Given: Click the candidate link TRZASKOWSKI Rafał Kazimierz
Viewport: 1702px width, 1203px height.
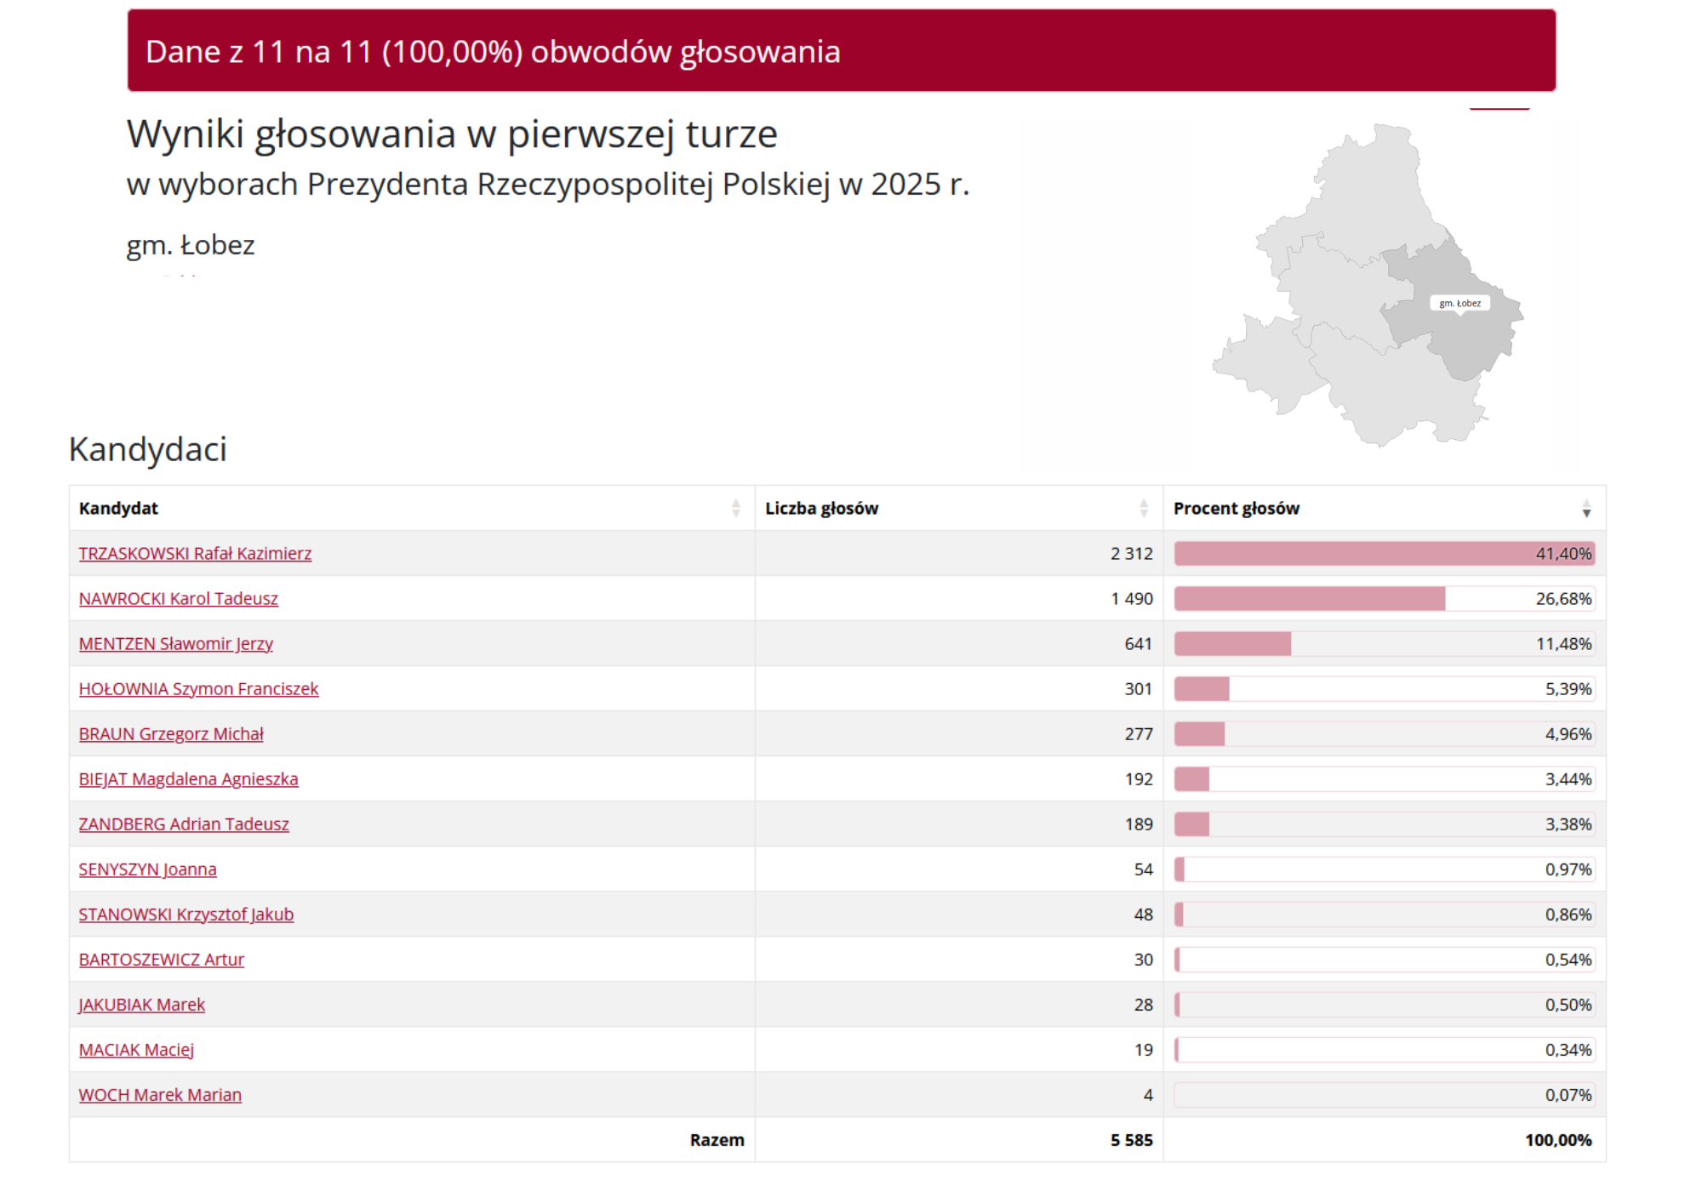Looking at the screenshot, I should (x=195, y=554).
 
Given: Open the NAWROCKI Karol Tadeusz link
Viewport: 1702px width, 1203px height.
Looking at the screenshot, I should (x=179, y=599).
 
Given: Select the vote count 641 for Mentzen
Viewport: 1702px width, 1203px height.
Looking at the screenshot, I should (x=1138, y=644).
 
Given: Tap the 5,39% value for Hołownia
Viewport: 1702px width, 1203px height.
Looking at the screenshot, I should (x=1568, y=689).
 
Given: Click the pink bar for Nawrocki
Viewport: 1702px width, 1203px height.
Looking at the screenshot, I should (x=1309, y=599).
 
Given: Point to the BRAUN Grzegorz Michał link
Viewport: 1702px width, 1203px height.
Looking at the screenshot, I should (x=171, y=734).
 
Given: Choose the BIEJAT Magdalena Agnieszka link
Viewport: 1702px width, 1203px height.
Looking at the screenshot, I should (x=188, y=779).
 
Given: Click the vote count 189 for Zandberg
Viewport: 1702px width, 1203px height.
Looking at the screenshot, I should (x=1138, y=824).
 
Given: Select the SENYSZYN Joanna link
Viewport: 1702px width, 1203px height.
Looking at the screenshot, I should (x=147, y=869).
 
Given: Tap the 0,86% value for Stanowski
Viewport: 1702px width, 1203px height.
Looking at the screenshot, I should (x=1568, y=915).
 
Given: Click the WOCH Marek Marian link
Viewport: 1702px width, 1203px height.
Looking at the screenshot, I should (x=160, y=1095).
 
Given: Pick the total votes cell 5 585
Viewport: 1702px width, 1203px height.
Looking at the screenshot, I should (x=1131, y=1140).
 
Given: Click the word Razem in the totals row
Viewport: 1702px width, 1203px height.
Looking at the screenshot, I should (x=717, y=1140).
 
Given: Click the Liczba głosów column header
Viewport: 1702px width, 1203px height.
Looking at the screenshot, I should (x=821, y=509).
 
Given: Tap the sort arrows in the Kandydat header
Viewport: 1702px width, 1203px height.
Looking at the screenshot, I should (x=735, y=509).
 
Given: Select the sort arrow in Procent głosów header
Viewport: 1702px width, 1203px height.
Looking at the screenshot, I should (x=1586, y=509).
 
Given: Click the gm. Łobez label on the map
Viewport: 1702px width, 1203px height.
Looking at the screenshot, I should (x=1459, y=303).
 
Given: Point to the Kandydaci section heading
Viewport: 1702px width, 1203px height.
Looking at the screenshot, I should (x=148, y=449).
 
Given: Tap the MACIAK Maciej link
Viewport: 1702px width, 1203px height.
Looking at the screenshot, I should (x=136, y=1050).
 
